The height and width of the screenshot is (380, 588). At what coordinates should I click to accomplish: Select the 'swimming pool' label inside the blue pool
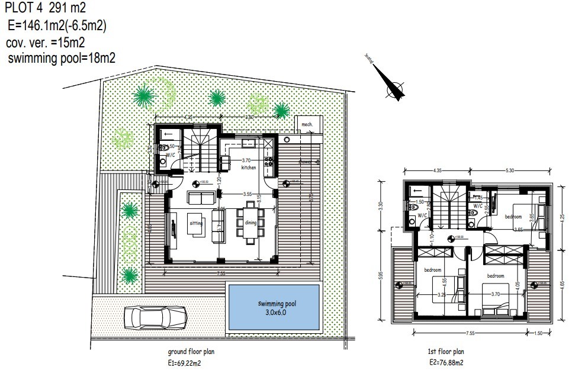coord(272,303)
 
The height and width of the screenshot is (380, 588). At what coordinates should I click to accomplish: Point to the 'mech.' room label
coord(307,125)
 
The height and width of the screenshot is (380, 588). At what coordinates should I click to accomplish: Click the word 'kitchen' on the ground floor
coord(249,168)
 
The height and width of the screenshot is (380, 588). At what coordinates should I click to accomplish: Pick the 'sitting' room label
coord(196,224)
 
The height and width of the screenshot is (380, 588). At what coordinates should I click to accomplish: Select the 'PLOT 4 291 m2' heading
coord(44,9)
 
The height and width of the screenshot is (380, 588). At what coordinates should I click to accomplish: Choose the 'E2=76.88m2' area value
coord(446,362)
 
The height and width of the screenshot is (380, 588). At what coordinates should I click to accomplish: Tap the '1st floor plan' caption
coord(445,352)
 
